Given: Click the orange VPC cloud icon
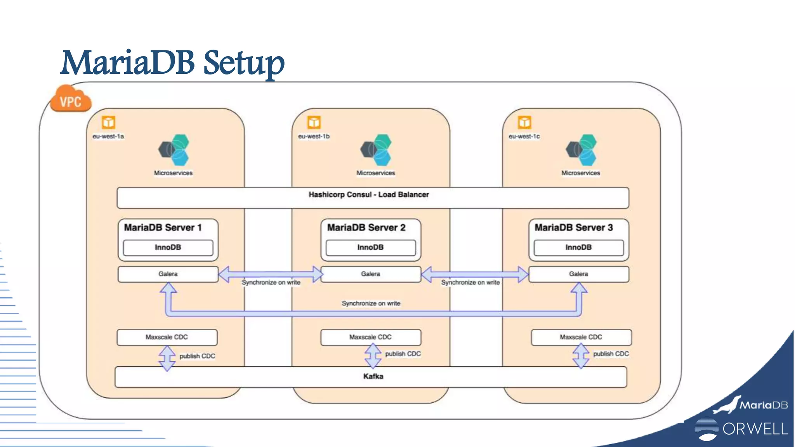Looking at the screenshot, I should tap(71, 100).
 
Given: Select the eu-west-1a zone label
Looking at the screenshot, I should tap(108, 136).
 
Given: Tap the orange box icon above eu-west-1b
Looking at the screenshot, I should tap(314, 122).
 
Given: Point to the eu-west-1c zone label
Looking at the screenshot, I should tap(524, 136).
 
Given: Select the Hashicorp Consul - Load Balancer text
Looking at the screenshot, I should tap(369, 194).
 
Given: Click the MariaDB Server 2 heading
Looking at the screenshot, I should tap(366, 227).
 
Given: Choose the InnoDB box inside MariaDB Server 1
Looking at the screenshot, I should tap(168, 248).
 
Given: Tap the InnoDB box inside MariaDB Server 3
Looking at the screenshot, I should tap(578, 248).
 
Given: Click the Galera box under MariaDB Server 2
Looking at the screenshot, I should tap(371, 274).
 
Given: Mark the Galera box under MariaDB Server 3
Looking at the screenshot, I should tap(578, 274).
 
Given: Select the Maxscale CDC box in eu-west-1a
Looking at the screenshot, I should tap(167, 337).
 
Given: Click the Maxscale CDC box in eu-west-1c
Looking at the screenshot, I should tap(581, 337).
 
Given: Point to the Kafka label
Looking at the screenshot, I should tap(373, 376).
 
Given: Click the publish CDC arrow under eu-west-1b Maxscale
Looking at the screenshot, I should tap(373, 355).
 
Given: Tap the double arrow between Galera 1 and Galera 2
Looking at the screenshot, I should tap(271, 274).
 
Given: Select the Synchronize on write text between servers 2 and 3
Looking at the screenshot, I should tap(470, 282).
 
